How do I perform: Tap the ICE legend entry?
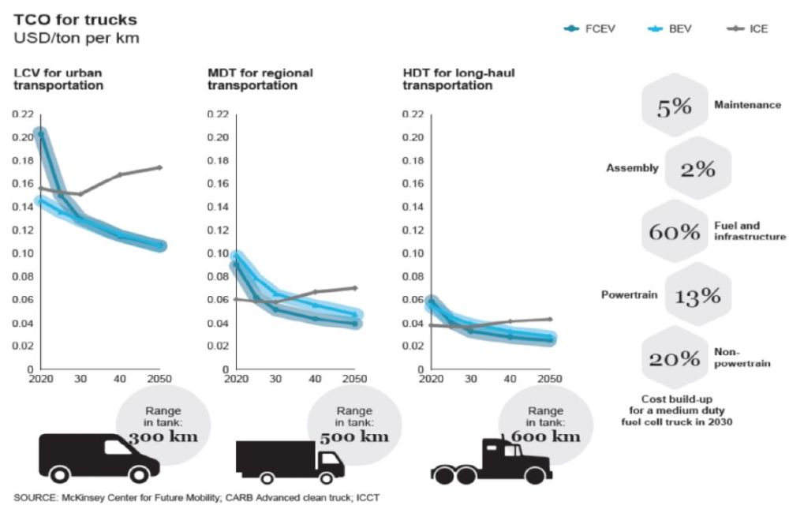744,29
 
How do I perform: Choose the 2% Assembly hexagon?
697,168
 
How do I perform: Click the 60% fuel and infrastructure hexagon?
674,232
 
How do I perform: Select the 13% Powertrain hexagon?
697,296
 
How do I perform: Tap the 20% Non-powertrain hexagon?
674,359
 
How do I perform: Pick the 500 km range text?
353,436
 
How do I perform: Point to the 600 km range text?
545,436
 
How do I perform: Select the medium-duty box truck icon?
290,462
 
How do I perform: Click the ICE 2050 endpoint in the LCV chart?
160,167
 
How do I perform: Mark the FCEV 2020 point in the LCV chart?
39,135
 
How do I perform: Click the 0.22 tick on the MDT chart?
217,114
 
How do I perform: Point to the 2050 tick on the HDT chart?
549,379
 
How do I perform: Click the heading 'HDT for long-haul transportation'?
447,79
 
